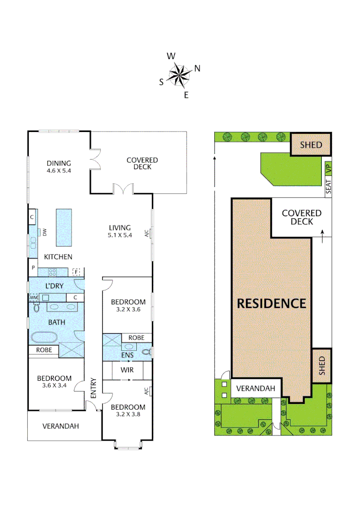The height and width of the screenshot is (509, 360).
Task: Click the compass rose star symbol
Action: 180,76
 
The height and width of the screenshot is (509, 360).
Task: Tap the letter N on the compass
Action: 197,68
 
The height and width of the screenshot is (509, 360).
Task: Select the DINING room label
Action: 59,164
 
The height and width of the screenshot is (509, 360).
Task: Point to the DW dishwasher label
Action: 45,232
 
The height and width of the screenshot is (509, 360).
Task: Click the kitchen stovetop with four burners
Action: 52,272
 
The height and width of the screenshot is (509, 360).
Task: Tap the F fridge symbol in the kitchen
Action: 76,272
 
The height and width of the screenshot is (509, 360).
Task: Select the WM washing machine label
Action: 33,297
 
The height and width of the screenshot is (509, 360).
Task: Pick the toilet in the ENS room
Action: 147,352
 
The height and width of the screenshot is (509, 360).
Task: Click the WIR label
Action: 127,370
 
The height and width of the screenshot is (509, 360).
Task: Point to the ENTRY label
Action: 93,388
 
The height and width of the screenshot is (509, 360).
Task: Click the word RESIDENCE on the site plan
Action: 271,303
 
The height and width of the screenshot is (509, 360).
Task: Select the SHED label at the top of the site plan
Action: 311,145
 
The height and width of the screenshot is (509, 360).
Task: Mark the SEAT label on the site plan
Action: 329,188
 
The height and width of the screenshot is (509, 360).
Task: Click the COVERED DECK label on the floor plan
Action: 142,164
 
